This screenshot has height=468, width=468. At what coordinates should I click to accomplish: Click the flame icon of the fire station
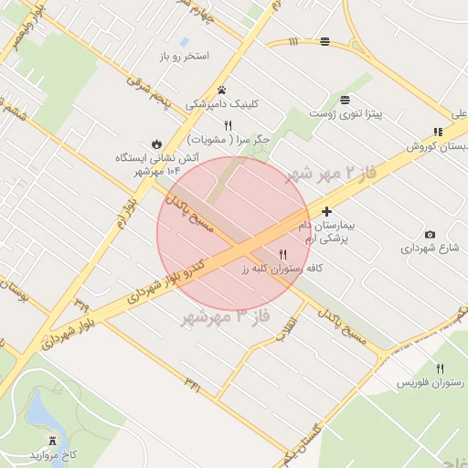(157, 144)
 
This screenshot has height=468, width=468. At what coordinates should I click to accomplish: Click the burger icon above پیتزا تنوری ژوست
(345, 100)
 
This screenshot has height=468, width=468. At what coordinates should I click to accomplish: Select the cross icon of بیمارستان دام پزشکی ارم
(326, 211)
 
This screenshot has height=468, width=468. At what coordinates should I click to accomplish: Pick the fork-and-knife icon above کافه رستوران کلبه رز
(282, 254)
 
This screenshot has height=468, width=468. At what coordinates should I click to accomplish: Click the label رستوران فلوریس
(425, 383)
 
